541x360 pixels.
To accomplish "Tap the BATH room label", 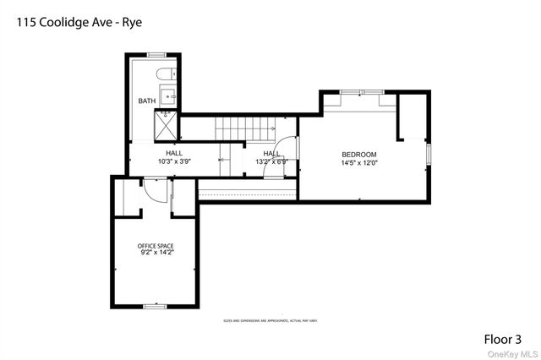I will click(x=147, y=102).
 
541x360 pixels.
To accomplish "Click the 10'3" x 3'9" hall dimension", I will click(x=174, y=161).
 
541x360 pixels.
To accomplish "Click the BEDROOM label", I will click(x=358, y=154).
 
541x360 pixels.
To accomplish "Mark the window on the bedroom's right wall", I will click(x=429, y=155).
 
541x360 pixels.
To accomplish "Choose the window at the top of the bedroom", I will click(x=361, y=90).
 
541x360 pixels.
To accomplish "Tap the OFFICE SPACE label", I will click(x=156, y=246).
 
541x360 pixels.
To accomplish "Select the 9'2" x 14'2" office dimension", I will click(x=156, y=253).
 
